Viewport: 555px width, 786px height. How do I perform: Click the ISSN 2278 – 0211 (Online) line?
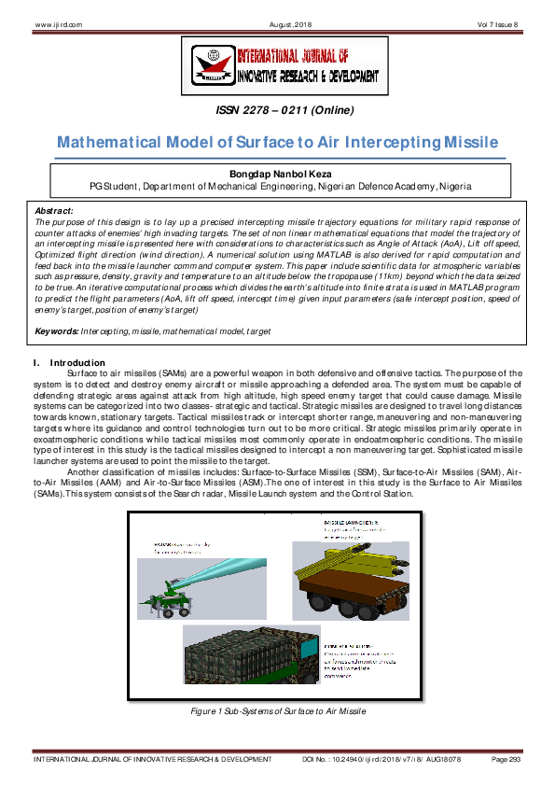click(x=284, y=111)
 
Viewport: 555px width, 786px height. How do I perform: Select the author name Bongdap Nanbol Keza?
click(x=277, y=174)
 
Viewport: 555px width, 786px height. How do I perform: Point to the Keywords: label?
click(x=56, y=331)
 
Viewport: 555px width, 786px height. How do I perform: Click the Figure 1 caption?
click(x=277, y=710)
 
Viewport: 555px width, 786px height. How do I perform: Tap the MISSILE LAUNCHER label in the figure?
click(x=346, y=521)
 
